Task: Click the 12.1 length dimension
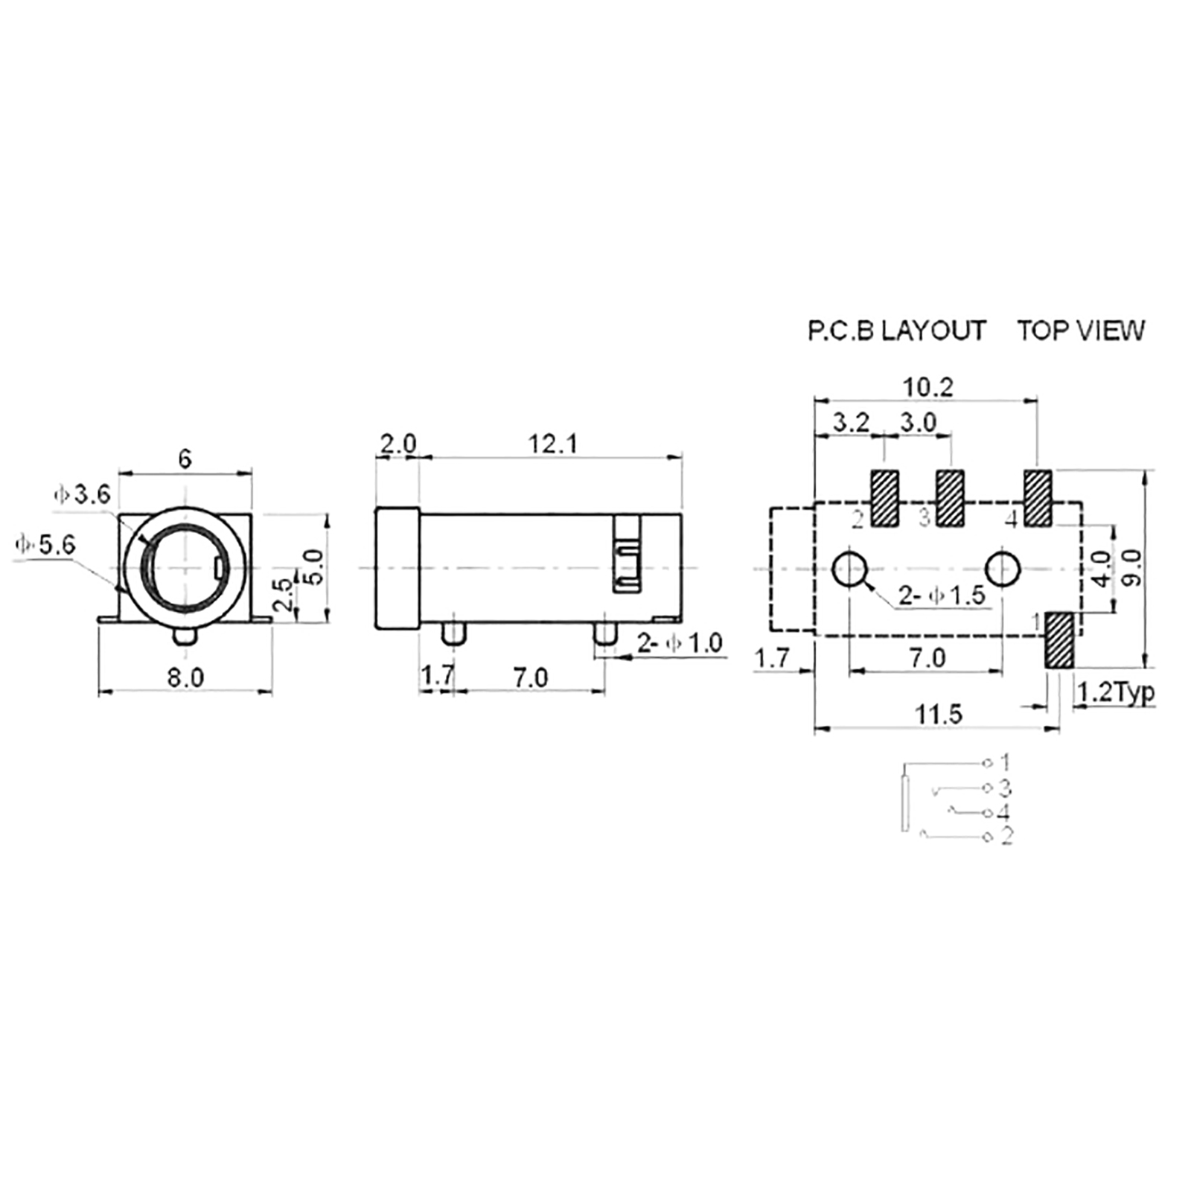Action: pos(553,444)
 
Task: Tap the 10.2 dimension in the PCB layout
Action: pos(927,387)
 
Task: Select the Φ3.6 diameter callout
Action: pos(82,494)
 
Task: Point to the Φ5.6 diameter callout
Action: pos(45,545)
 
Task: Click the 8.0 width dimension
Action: pos(185,677)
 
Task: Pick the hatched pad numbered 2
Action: pos(885,499)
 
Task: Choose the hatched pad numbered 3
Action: pos(950,499)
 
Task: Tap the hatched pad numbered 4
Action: pos(1038,499)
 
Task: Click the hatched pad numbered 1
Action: pos(1059,640)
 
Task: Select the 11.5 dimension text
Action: pos(939,715)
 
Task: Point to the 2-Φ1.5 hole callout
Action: pos(942,595)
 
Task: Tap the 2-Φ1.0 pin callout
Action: pos(680,643)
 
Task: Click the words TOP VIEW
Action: pos(1081,331)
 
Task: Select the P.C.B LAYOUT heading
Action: pos(897,331)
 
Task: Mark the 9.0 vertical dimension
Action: pos(1131,568)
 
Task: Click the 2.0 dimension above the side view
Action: pos(398,444)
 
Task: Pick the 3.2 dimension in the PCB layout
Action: pos(851,422)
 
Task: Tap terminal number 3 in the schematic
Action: pos(1005,787)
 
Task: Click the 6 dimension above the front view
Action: pos(185,459)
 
